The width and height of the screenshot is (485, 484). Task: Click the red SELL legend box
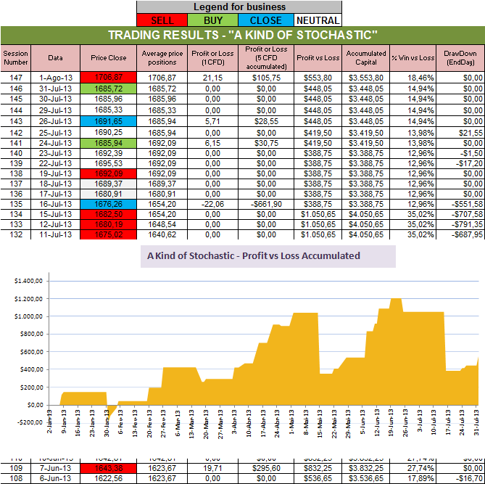(162, 20)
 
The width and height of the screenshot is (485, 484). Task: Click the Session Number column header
(14, 57)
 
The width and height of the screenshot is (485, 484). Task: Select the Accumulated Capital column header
(365, 57)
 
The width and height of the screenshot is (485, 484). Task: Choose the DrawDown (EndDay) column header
(460, 57)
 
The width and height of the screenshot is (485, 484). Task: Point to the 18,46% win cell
(413, 76)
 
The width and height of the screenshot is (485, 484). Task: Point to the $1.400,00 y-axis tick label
(28, 280)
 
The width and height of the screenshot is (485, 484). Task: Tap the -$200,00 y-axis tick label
(28, 422)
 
